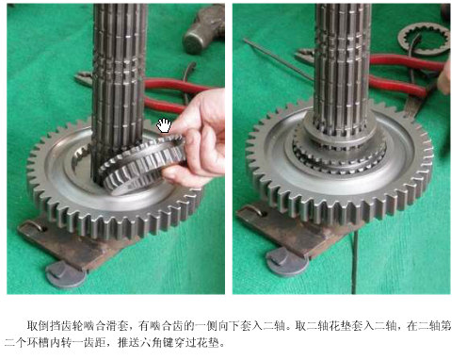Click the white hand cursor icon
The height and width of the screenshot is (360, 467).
coord(164,125)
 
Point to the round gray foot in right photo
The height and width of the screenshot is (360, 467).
coord(287,261)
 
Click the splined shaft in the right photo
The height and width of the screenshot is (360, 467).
coord(342,73)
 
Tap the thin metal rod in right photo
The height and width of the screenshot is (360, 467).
coord(278,58)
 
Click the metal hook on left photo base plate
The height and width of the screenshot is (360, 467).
coord(33,225)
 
